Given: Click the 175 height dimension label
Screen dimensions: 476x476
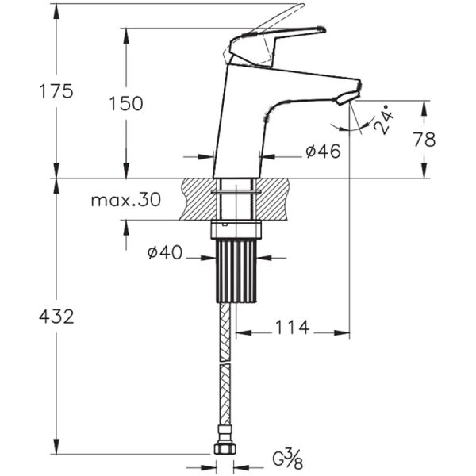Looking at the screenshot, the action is point(56,91).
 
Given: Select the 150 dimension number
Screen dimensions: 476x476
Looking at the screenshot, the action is point(126,103).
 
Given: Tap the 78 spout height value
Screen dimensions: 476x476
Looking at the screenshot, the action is point(424,140).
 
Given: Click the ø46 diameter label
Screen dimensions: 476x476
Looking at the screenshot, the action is point(324,152).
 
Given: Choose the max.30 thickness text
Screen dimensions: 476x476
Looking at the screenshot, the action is point(126,201).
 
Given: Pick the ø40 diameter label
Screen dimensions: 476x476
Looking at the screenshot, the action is point(165,252).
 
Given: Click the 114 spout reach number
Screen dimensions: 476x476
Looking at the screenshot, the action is point(292,327).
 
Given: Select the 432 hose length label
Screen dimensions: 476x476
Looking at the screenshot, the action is point(56,317).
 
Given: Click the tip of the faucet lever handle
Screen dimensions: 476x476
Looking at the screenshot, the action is point(322,29).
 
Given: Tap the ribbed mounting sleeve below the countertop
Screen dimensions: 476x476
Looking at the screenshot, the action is point(236,271).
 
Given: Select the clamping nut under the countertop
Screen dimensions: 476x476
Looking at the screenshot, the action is point(236,229).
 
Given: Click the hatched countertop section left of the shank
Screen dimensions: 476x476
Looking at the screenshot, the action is point(201,199).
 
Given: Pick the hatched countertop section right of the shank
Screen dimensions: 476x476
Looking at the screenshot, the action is point(271,199).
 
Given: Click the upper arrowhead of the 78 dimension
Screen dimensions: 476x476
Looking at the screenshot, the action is point(424,108).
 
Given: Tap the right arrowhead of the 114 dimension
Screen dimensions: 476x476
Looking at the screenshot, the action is point(342,333).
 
